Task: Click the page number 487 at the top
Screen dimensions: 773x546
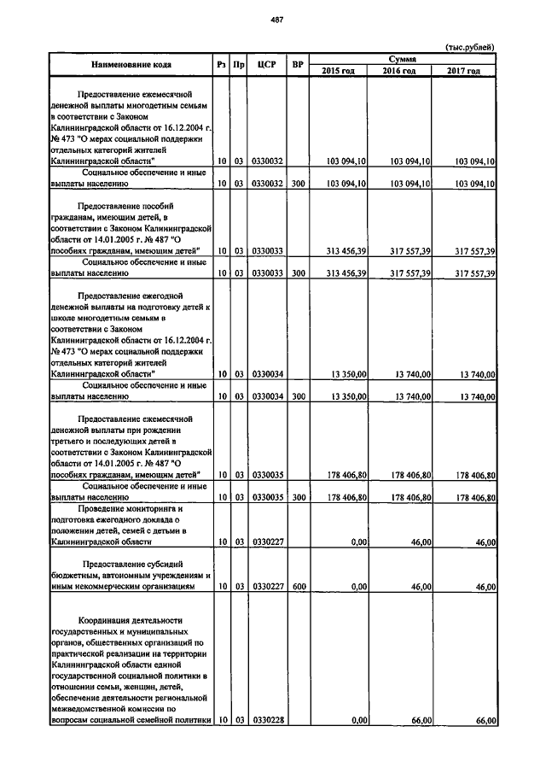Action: pyautogui.click(x=277, y=19)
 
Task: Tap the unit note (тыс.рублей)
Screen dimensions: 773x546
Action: pyautogui.click(x=469, y=47)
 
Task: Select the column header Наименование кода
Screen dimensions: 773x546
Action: pyautogui.click(x=130, y=65)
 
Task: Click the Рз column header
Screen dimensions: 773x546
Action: pyautogui.click(x=221, y=65)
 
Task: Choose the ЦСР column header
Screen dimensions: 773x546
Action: pyautogui.click(x=267, y=65)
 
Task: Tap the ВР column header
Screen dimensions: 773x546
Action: pyautogui.click(x=297, y=65)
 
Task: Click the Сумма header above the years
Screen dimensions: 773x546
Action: pyautogui.click(x=402, y=59)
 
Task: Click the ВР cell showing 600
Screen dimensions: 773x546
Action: pyautogui.click(x=297, y=587)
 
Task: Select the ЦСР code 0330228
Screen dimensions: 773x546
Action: pyautogui.click(x=267, y=721)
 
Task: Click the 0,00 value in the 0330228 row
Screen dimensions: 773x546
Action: pyautogui.click(x=357, y=721)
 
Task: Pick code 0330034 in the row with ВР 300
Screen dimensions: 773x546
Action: pyautogui.click(x=267, y=396)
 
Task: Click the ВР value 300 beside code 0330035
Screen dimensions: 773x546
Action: pyautogui.click(x=297, y=496)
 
